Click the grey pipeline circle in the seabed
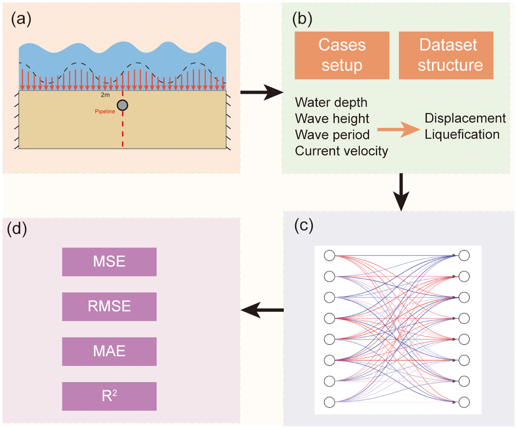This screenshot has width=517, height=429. pos(123,105)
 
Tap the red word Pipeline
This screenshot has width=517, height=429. pos(105,111)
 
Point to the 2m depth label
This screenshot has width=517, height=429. pos(105,95)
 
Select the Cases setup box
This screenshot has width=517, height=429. pos(341,55)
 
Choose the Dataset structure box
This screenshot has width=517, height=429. pos(446,55)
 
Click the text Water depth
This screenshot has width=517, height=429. pos(331,103)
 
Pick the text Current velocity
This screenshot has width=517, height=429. pos(341,151)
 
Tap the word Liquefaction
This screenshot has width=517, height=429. pos(462,135)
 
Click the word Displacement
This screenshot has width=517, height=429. pos(465,118)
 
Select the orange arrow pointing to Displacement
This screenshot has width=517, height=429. pos(398,129)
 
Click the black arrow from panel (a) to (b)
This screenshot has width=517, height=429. pos(261,93)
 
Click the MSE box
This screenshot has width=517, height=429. pos(109,262)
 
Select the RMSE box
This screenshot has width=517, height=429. pos(109,306)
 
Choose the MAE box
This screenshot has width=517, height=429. pos(109,351)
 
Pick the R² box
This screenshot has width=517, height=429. pos(109,396)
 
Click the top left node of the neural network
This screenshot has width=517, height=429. pos(330,255)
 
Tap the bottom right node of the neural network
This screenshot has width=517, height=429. pos(464,402)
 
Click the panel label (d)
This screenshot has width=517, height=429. pos(17,230)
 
